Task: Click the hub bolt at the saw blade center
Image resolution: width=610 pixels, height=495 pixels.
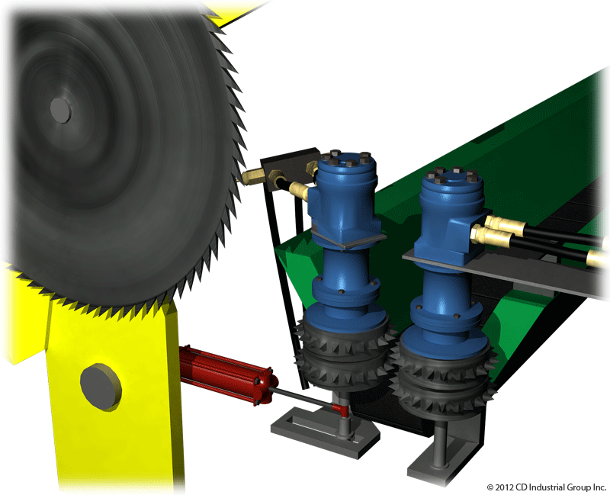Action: (x=61, y=110)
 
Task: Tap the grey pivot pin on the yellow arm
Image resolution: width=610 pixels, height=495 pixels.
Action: (x=101, y=387)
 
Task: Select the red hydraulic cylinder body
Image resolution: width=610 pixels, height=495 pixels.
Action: (x=228, y=374)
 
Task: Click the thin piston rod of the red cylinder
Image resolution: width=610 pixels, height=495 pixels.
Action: (x=302, y=397)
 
